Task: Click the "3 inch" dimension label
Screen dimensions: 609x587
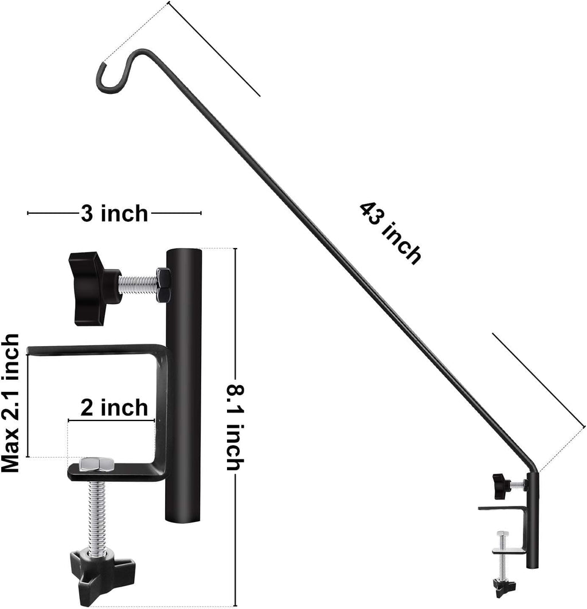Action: pos(114,214)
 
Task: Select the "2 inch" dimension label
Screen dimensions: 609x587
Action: pos(114,408)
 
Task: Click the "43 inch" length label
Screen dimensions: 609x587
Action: pos(390,232)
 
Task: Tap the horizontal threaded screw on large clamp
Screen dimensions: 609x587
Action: pos(138,283)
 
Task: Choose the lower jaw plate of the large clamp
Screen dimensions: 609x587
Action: pos(115,472)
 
